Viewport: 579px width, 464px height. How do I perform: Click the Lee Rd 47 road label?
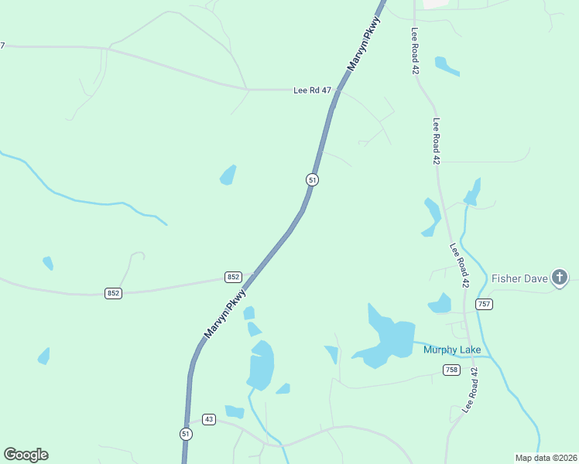[312, 90]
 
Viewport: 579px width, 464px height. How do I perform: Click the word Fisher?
[507, 278]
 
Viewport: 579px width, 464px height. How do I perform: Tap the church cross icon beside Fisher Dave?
[560, 278]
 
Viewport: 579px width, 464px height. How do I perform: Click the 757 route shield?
[485, 304]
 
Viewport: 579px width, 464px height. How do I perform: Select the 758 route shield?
[451, 370]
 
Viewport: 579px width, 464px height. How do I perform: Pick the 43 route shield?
[208, 419]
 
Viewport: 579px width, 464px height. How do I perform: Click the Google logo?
[26, 455]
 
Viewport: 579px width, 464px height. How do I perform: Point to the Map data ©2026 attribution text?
[546, 458]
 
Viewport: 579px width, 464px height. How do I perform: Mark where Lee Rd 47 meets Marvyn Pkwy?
[336, 90]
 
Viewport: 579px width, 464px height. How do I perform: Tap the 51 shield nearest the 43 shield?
[185, 433]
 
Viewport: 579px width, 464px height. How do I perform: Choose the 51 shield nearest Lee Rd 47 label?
[312, 179]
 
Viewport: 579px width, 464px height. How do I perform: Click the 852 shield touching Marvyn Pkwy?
[234, 277]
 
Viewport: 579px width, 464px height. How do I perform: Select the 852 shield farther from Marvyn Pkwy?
[114, 293]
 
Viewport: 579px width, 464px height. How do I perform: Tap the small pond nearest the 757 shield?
[440, 304]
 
